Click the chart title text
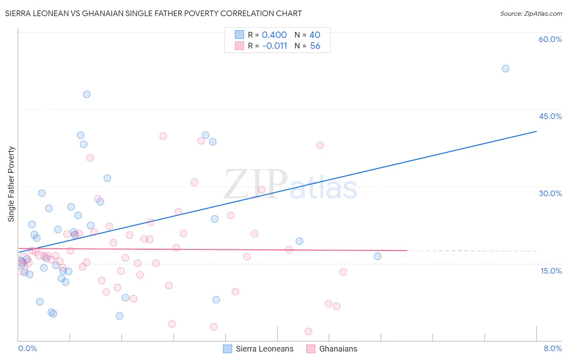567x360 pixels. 153,13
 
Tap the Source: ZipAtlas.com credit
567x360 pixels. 531,13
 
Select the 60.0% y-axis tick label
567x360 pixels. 550,39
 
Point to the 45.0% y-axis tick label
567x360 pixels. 550,116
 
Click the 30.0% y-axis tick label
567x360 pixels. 550,193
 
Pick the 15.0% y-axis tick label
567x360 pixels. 551,271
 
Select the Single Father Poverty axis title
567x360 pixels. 11,184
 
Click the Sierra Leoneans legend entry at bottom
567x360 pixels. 258,349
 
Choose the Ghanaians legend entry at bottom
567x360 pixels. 332,349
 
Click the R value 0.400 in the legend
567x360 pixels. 274,35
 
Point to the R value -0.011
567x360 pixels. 274,46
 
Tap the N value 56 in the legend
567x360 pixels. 315,46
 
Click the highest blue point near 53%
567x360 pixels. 505,69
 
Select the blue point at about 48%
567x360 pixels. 87,94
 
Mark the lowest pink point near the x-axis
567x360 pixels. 309,331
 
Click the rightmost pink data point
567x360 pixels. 343,272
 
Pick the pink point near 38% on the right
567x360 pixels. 320,145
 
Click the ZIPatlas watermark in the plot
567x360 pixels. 290,185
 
